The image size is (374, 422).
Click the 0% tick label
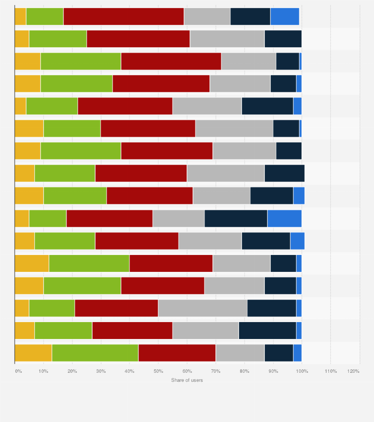18,371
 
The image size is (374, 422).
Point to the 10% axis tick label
43,371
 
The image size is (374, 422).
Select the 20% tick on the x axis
72,371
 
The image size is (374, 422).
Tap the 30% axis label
101,371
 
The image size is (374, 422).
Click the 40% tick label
129,371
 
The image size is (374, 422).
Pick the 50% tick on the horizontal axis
158,371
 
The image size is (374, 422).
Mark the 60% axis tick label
187,371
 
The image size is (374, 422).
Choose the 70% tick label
216,371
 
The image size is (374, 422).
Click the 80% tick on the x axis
245,371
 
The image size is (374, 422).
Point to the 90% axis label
273,371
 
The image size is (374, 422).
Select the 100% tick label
302,371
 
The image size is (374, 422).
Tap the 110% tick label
330,371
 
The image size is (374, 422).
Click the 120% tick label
354,371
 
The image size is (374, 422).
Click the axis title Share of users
187,380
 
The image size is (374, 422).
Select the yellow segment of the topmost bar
20,16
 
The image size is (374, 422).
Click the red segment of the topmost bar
124,16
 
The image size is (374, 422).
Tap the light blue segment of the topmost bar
285,16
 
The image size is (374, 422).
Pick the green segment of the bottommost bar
95,352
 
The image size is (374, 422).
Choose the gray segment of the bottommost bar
240,352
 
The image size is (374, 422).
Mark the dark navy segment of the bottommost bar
279,352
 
